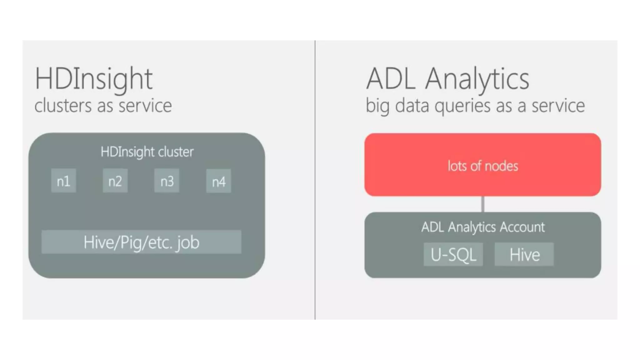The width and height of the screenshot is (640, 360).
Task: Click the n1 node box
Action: (63, 181)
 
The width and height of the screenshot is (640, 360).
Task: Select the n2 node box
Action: (115, 181)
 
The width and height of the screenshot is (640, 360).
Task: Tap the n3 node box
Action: (167, 181)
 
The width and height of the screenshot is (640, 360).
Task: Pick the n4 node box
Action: (218, 181)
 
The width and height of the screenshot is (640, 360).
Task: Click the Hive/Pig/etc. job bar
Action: (141, 242)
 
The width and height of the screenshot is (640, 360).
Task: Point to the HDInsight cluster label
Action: (147, 152)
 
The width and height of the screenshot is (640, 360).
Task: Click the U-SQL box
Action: (453, 254)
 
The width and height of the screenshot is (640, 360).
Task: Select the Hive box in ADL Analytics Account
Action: (524, 254)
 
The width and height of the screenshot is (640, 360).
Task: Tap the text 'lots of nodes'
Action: (482, 166)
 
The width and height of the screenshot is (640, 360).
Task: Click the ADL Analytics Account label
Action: (482, 227)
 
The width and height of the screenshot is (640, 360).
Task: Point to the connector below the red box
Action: (483, 204)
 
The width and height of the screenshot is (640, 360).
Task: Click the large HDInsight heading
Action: (94, 79)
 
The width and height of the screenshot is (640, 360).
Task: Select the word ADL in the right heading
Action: (391, 79)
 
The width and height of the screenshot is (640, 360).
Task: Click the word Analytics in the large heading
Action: (477, 79)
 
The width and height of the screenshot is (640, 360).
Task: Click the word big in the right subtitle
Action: (377, 106)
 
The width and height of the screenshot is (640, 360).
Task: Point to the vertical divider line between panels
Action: (315, 180)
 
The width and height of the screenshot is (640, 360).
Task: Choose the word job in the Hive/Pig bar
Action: (187, 242)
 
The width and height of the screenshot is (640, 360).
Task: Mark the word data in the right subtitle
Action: (412, 106)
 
